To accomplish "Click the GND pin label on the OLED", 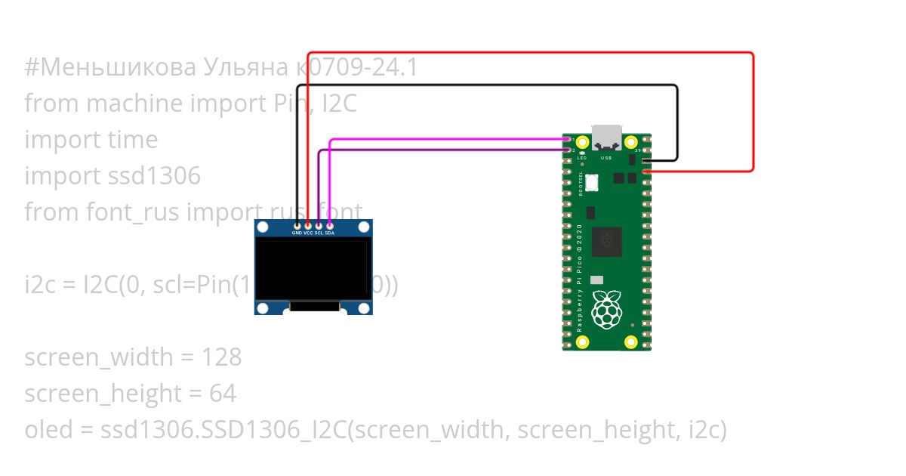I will point(297,233).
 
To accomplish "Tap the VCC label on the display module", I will point(308,233).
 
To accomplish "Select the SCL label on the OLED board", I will point(319,233).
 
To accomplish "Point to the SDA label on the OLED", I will point(330,233).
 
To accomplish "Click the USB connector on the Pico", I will point(607,137).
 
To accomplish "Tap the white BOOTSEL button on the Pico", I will point(592,182).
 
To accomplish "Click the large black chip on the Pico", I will point(607,242).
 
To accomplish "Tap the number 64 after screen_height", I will point(223,394).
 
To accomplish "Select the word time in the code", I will point(132,140).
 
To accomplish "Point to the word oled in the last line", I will point(46,430).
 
